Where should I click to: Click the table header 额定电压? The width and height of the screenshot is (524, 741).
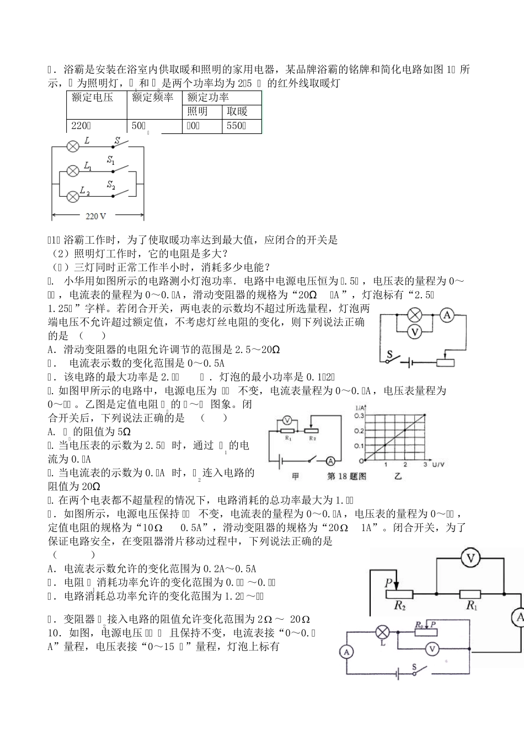pos(92,98)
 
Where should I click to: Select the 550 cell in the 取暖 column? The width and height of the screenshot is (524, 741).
pos(236,126)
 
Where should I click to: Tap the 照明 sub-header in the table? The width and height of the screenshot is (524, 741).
pos(197,111)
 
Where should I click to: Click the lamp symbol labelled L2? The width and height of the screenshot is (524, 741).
pos(72,196)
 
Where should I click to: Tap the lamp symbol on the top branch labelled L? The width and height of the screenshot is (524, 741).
pos(72,146)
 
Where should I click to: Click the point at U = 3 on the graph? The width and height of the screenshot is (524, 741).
pos(425,415)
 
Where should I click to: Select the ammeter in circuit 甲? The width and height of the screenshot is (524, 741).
pos(330,461)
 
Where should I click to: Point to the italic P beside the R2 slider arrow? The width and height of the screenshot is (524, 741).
pos(389,582)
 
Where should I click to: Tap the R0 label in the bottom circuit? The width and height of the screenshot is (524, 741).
pos(419,625)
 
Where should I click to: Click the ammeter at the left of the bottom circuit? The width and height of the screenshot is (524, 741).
pos(346,652)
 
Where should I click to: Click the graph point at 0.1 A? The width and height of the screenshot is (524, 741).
pos(385,445)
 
